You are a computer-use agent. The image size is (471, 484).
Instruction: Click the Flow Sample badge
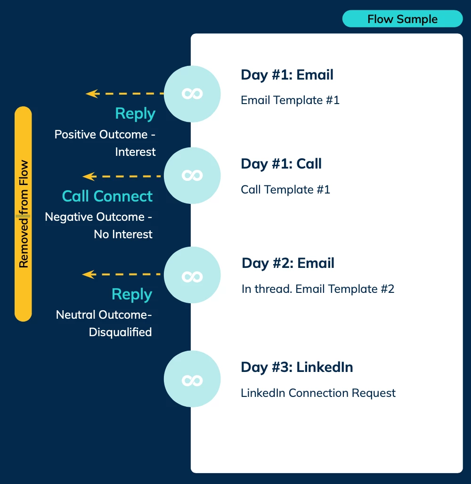[402, 19]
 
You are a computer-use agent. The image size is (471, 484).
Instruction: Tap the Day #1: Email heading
[287, 75]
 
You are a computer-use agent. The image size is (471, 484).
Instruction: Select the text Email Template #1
[290, 100]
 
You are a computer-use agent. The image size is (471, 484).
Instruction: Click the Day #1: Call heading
[281, 164]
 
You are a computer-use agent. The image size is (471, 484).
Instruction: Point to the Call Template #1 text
[285, 189]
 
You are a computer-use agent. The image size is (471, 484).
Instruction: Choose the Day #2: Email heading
[288, 263]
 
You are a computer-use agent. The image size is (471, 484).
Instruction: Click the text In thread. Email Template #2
[318, 289]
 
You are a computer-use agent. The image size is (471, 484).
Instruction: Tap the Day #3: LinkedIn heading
[297, 367]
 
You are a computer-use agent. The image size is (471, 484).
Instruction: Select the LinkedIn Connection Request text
[318, 393]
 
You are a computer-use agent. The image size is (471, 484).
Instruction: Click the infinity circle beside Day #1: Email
[192, 94]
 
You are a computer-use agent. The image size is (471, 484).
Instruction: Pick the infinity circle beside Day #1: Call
[192, 176]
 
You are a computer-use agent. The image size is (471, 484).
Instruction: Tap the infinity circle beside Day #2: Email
[192, 275]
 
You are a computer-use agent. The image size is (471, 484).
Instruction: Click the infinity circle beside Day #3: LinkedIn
[192, 379]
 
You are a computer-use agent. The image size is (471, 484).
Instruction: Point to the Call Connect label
[107, 196]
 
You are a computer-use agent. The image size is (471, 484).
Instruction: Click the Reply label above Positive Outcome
[135, 113]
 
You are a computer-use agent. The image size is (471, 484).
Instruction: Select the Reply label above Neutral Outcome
[132, 294]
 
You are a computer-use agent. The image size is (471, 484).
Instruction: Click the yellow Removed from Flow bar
[23, 214]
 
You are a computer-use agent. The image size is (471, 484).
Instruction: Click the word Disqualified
[120, 332]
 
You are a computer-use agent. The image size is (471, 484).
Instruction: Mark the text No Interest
[123, 234]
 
